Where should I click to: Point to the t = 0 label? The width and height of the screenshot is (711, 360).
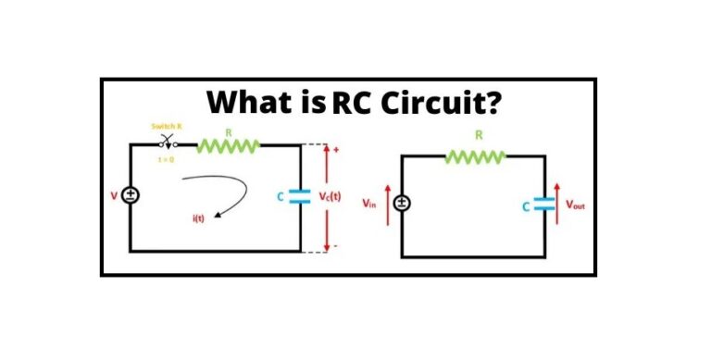(169, 159)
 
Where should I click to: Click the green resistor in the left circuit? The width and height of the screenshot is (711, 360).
(228, 143)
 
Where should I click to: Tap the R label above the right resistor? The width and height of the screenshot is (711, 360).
(479, 135)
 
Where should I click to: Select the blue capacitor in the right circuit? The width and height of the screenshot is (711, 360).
(544, 205)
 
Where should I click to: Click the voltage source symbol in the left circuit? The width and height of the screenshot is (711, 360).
(131, 195)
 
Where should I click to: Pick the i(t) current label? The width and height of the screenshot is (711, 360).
(198, 218)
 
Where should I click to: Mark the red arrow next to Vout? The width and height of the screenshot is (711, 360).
(558, 204)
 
